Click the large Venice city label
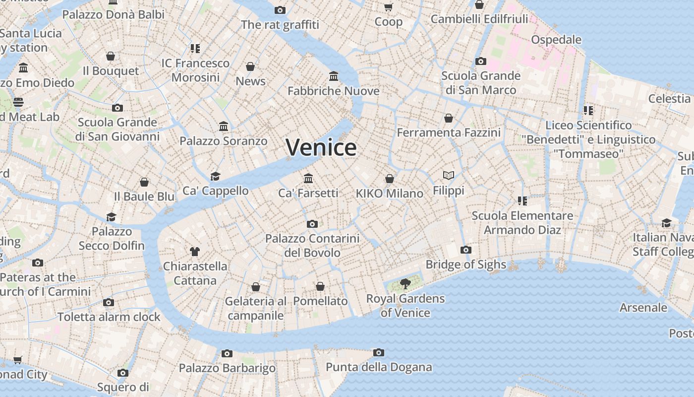[321, 147]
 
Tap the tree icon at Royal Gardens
[405, 284]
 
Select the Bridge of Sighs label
[466, 265]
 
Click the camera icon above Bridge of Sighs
[466, 250]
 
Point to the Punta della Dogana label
[379, 367]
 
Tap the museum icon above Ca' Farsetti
[308, 178]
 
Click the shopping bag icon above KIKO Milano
[390, 179]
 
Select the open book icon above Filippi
[449, 175]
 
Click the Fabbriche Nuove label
[334, 91]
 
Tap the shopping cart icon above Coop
[389, 7]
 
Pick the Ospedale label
[556, 39]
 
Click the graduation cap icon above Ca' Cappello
[215, 176]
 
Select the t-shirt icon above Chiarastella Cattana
[195, 252]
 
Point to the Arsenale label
[643, 308]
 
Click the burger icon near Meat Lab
[18, 102]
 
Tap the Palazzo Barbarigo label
[227, 368]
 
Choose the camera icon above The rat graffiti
[280, 10]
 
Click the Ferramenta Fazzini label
[449, 132]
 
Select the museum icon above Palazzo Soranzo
[224, 127]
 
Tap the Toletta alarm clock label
[109, 317]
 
